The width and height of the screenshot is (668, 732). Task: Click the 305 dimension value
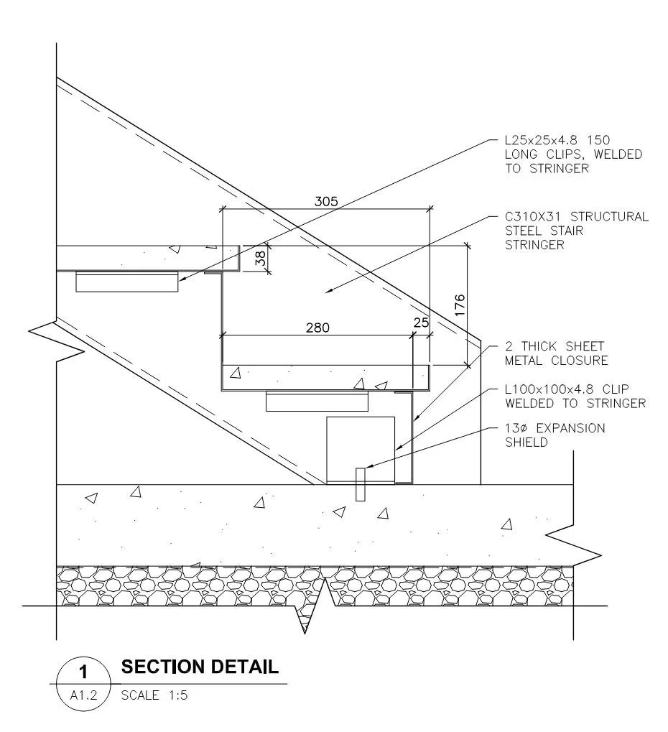[x=326, y=201]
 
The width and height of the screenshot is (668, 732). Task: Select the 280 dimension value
[x=318, y=328]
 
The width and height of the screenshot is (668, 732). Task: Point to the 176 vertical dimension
[x=460, y=305]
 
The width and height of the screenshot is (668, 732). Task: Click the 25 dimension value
[x=421, y=323]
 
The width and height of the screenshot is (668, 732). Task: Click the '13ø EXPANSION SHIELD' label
[x=555, y=435]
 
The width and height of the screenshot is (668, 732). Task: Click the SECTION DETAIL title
[x=200, y=667]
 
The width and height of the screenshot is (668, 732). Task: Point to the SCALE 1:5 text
[x=154, y=695]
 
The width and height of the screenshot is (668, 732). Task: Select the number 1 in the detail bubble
[x=83, y=672]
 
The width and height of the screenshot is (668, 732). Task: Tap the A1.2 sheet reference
[x=83, y=695]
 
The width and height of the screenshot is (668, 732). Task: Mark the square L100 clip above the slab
[x=361, y=450]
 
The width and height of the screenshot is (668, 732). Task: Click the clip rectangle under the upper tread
[x=127, y=282]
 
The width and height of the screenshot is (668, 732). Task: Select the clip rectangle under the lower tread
[x=317, y=401]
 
